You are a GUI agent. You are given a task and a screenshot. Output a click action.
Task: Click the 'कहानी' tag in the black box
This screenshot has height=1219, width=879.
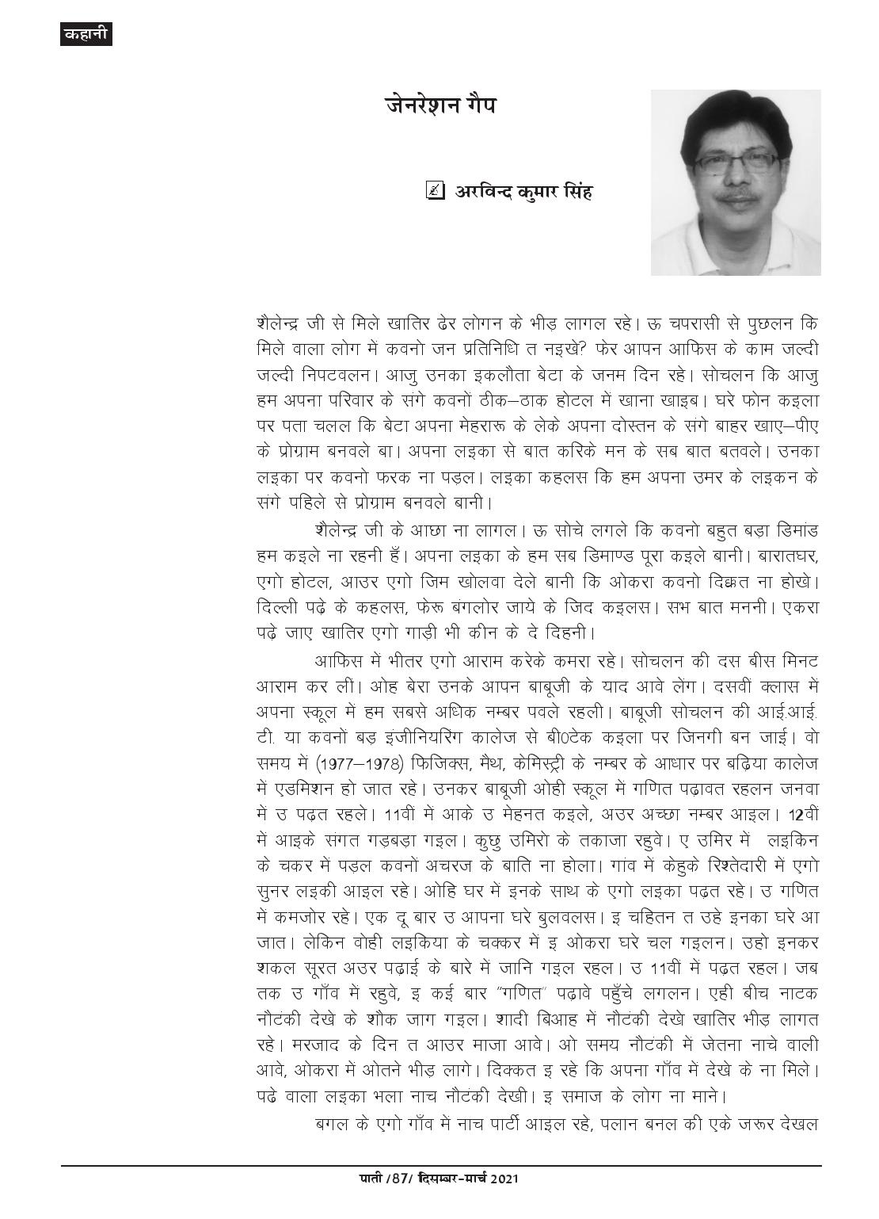(86, 34)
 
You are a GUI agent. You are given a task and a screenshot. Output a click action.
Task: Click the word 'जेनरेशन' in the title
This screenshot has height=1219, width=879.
(410, 105)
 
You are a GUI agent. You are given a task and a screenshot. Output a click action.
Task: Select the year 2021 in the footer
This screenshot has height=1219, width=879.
(504, 1201)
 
